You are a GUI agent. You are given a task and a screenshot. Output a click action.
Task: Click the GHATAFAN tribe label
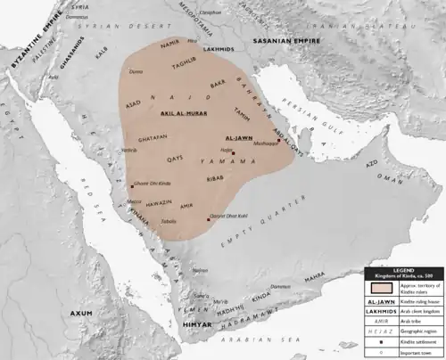coord(154,140)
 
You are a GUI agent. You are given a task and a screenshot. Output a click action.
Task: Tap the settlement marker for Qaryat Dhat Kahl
coord(209,219)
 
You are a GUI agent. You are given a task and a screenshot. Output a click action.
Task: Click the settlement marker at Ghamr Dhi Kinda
coord(130,186)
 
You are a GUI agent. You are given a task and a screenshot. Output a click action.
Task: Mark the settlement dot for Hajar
coord(234,153)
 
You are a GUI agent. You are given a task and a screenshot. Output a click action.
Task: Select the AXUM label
coord(82,315)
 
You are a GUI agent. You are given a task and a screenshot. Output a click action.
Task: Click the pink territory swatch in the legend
coord(377,288)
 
